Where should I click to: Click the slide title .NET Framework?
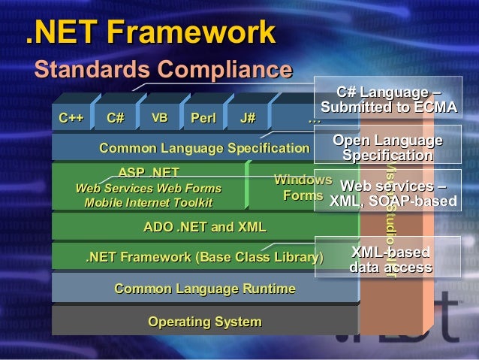coord(150,33)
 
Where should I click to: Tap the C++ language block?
coord(71,119)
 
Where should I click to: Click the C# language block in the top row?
coord(116,119)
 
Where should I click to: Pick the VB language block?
coord(159,119)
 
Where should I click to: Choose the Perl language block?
coord(203,119)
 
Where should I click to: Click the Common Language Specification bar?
coord(204,148)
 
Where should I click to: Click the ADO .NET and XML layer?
coord(204,226)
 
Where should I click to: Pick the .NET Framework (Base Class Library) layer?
coord(204,259)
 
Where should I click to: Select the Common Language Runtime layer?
coord(204,289)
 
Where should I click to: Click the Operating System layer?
coord(204,322)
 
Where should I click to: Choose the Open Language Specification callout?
coord(387,148)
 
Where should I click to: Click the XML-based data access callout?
coord(390,259)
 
